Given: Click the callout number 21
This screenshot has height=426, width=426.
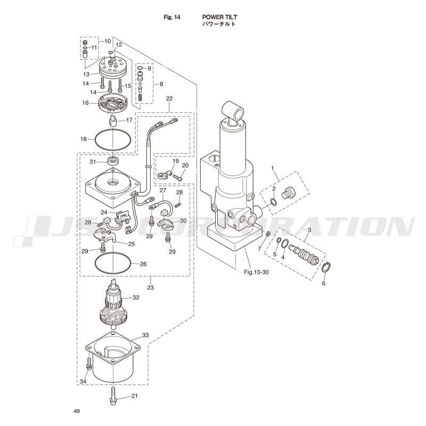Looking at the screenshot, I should (x=134, y=396).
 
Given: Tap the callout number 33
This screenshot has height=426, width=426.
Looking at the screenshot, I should (x=145, y=336).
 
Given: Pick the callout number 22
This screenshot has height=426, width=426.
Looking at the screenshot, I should (x=169, y=99).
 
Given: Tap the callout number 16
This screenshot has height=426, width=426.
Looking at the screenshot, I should (x=85, y=103).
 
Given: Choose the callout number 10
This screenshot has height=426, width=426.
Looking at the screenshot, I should (x=108, y=41).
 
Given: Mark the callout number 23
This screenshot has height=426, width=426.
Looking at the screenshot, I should (x=150, y=287).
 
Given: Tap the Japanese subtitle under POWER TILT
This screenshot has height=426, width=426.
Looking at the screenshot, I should (x=218, y=24).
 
